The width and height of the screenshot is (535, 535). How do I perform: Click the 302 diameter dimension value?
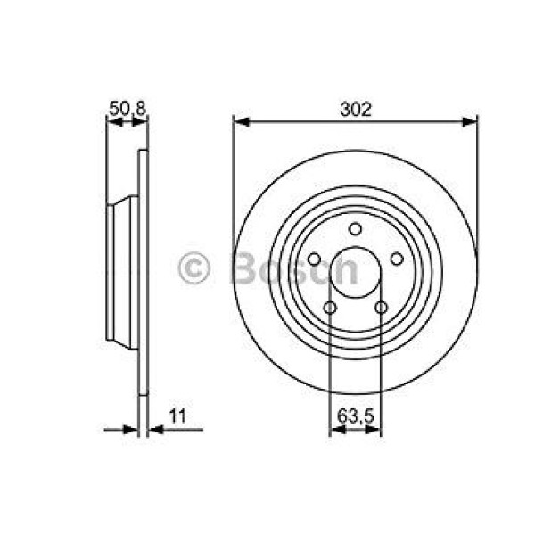[x=356, y=109]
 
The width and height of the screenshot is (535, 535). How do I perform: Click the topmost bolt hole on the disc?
[x=355, y=228]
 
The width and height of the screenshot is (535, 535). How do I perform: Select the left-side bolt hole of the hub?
[x=314, y=259]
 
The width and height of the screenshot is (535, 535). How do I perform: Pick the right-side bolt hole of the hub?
[x=397, y=259]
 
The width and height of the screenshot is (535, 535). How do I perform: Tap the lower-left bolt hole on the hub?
[x=330, y=308]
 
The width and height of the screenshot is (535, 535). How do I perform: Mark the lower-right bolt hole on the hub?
[x=381, y=308]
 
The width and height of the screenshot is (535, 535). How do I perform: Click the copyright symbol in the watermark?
[x=193, y=267]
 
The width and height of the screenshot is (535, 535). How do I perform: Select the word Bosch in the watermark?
[x=294, y=267]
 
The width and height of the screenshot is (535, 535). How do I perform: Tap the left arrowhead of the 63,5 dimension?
[x=334, y=430]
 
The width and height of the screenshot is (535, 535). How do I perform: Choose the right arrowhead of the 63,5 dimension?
[x=375, y=430]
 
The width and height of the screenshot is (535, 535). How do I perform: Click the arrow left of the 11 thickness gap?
[x=133, y=430]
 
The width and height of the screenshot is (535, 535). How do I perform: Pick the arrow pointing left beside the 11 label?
[x=153, y=430]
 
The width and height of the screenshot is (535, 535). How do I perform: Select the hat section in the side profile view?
[x=121, y=272]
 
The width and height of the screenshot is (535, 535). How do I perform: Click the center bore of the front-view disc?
[x=355, y=272]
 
